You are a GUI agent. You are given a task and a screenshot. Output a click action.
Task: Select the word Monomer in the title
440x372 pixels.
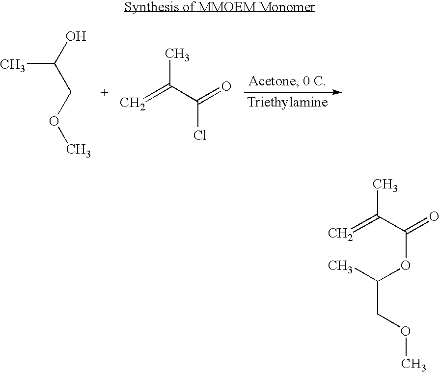click(x=287, y=6)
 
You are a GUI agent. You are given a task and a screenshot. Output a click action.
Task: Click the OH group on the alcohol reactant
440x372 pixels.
click(x=76, y=36)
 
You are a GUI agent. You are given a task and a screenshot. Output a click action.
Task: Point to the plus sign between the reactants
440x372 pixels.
click(x=104, y=93)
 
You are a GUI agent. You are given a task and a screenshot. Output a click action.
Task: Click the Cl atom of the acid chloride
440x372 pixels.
click(x=200, y=135)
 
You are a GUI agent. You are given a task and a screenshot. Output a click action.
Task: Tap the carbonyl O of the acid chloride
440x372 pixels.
click(x=226, y=86)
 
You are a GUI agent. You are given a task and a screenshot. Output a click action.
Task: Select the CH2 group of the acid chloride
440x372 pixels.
click(x=132, y=103)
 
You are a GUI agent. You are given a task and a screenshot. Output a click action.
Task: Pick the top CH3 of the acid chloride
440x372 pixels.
click(x=177, y=54)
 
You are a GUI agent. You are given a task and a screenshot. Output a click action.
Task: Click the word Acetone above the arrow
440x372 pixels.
click(x=272, y=81)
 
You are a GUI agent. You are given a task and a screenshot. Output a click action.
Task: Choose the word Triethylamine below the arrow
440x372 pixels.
click(x=288, y=102)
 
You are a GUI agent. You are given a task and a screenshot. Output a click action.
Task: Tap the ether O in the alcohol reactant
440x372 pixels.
click(x=54, y=122)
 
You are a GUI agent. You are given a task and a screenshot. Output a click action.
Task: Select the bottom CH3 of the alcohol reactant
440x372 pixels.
click(x=78, y=150)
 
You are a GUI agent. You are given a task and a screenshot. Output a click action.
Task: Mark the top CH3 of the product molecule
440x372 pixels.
click(x=385, y=185)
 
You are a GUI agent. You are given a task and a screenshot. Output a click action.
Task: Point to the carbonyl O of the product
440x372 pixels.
click(x=434, y=216)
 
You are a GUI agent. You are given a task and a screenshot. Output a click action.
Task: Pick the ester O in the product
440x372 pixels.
click(x=405, y=265)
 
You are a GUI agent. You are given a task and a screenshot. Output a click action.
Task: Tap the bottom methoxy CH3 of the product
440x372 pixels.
click(x=413, y=364)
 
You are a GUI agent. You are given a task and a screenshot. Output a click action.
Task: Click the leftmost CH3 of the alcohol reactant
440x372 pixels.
click(x=12, y=65)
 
